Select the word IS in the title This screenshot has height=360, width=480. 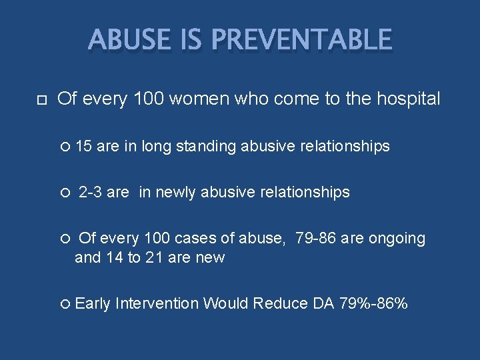pyautogui.click(x=189, y=41)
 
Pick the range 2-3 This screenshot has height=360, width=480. pyautogui.click(x=91, y=193)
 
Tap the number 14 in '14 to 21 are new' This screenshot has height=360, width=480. pyautogui.click(x=114, y=257)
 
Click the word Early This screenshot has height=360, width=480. pyautogui.click(x=93, y=304)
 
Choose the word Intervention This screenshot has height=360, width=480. pyautogui.click(x=157, y=304)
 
